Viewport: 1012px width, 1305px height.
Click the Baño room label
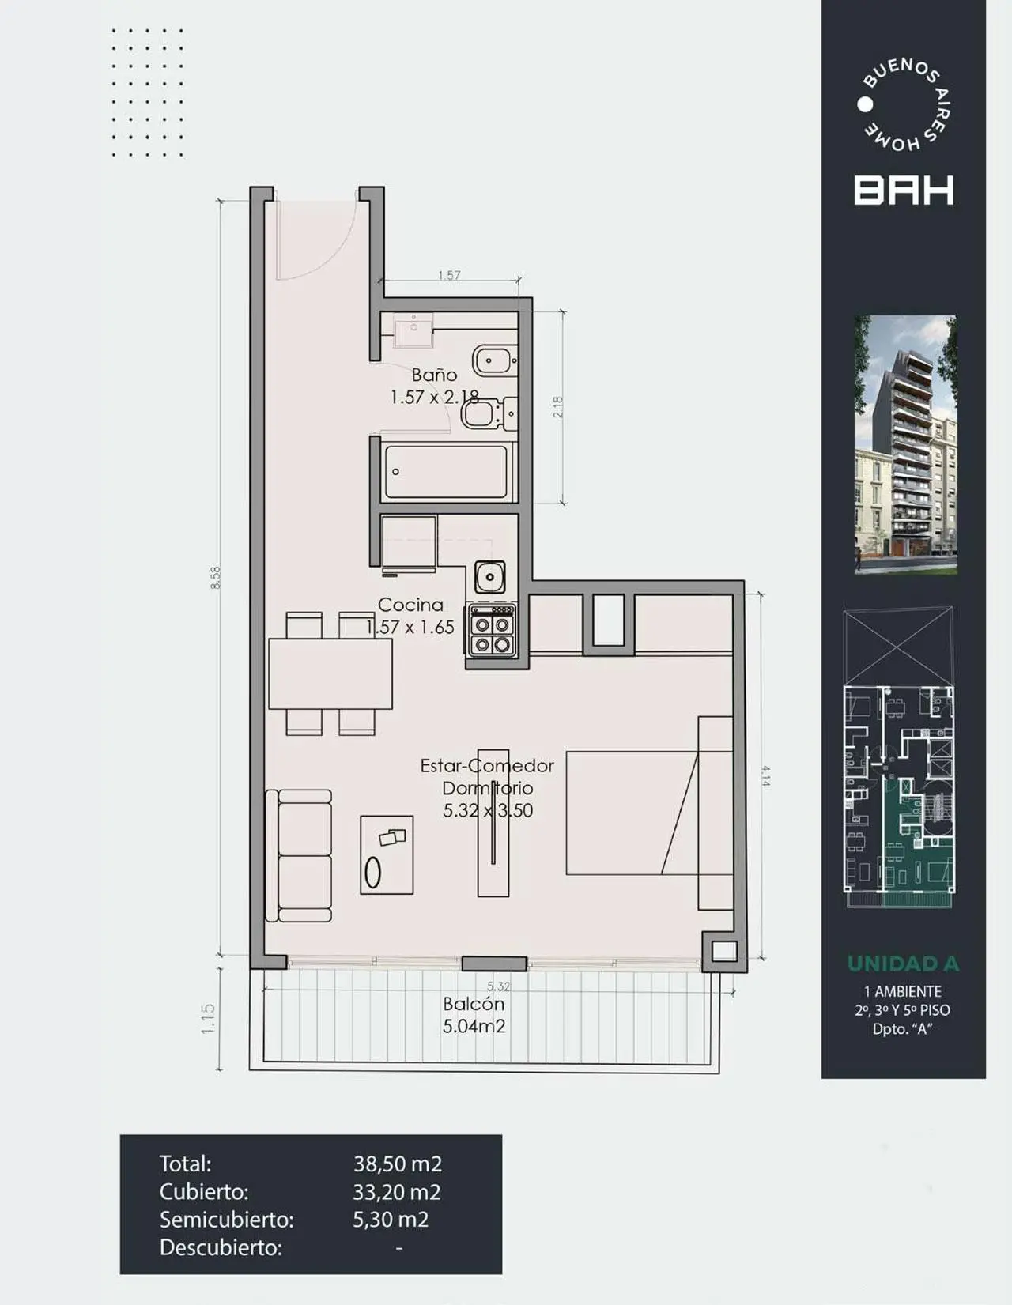pyautogui.click(x=434, y=375)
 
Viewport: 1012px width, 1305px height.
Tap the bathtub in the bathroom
pyautogui.click(x=445, y=472)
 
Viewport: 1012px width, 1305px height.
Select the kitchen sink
pyautogui.click(x=490, y=576)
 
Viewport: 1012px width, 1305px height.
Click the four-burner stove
pyautogui.click(x=491, y=631)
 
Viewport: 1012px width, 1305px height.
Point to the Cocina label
pyautogui.click(x=410, y=605)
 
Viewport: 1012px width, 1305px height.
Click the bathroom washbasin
pyautogui.click(x=413, y=330)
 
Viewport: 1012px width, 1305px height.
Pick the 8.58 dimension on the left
pyautogui.click(x=216, y=577)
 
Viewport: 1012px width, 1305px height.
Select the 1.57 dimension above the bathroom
pyautogui.click(x=449, y=275)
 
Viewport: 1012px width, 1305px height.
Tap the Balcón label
pyautogui.click(x=474, y=1004)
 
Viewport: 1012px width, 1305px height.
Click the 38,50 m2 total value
pyautogui.click(x=397, y=1164)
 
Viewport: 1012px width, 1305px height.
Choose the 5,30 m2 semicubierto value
pyautogui.click(x=391, y=1220)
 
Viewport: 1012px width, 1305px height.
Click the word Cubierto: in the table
pyautogui.click(x=204, y=1192)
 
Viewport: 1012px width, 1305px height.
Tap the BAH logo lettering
pyautogui.click(x=904, y=190)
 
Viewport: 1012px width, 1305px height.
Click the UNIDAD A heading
pyautogui.click(x=903, y=964)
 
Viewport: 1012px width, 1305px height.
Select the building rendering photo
pyautogui.click(x=905, y=444)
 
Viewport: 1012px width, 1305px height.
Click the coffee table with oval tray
pyautogui.click(x=387, y=855)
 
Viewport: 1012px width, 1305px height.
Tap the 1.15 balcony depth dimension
pyautogui.click(x=208, y=1019)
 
